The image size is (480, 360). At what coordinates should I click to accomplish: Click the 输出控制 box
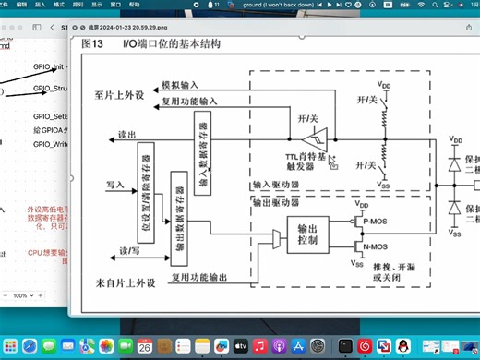(308, 235)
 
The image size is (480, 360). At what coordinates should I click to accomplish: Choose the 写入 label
(115, 185)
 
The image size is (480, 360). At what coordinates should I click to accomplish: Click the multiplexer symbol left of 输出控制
(278, 240)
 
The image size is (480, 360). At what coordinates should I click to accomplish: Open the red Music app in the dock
(260, 345)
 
